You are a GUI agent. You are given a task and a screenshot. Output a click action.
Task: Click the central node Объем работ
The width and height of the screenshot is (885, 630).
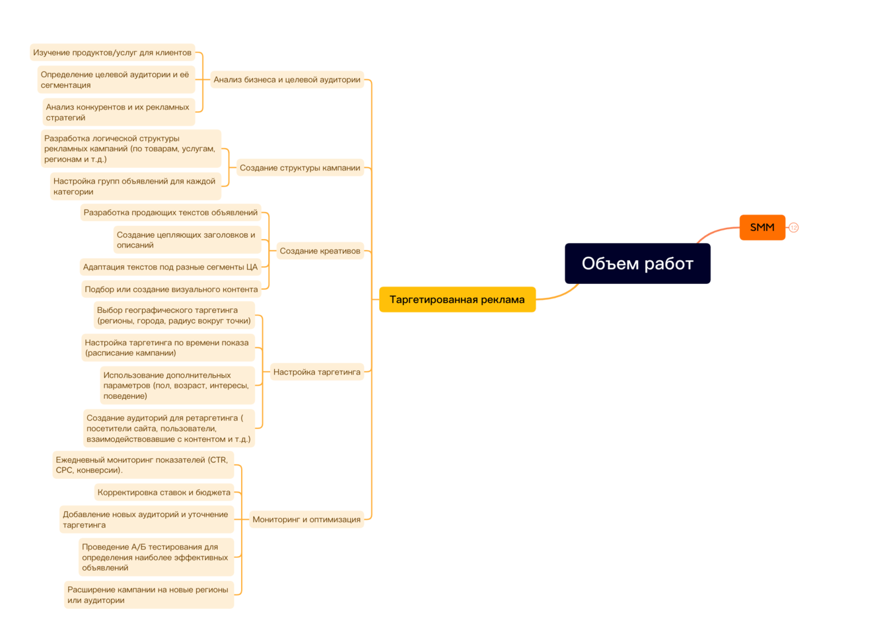coord(637,263)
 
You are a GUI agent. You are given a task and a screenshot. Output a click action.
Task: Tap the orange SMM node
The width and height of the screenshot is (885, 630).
coord(762,227)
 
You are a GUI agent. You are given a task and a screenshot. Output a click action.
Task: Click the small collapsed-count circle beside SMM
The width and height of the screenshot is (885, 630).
coord(794,228)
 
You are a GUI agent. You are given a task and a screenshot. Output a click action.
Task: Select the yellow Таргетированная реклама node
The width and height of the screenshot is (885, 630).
coord(457,299)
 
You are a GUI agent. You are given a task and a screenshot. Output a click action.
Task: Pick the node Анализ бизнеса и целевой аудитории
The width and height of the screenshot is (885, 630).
coord(287,80)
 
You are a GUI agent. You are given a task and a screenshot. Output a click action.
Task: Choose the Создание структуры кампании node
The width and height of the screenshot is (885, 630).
coord(300,168)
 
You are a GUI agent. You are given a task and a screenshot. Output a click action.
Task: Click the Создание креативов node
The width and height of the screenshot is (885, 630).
coord(320,251)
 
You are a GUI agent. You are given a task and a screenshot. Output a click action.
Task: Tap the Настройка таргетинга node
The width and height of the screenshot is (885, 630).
coord(317,372)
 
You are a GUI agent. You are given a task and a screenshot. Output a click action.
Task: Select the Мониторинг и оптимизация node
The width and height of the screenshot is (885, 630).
coord(306,519)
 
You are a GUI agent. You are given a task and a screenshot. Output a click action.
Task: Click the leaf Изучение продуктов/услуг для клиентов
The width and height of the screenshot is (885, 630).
coord(112,53)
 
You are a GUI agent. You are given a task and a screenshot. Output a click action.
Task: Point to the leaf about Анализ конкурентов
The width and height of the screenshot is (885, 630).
coord(118,112)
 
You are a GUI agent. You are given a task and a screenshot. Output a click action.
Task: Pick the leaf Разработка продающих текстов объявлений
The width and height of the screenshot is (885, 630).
coord(170,213)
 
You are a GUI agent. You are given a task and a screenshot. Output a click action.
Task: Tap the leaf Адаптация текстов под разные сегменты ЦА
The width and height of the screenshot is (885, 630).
coord(170,267)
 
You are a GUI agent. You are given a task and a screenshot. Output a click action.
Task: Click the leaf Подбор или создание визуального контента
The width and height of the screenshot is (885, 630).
coord(171,289)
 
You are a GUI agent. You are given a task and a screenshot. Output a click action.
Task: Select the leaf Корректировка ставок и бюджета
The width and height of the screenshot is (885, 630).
coord(164,492)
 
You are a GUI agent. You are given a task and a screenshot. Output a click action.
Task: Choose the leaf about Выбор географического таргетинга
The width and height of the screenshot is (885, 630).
coord(174,315)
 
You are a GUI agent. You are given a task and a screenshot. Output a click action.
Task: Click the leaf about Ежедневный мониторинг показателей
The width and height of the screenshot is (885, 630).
coord(143,465)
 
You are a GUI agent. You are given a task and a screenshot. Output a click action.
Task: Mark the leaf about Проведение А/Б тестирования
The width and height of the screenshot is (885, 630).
coord(155,557)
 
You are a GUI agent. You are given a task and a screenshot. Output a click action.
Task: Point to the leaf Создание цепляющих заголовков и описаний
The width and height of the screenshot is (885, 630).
coord(186,240)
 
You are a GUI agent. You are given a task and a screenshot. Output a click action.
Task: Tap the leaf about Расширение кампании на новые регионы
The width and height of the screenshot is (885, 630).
coord(148,594)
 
